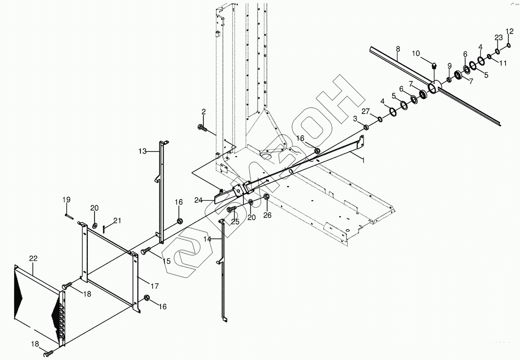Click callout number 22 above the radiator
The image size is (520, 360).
[x=33, y=258]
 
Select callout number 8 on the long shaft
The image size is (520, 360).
[x=398, y=49]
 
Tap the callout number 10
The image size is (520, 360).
[x=416, y=54]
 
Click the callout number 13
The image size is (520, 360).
[x=143, y=151]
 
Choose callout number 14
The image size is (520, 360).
[x=207, y=239]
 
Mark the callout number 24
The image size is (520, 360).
[x=199, y=200]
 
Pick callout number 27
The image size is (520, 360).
[x=366, y=111]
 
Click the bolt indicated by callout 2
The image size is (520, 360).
[x=203, y=128]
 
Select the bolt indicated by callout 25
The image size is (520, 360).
[x=231, y=210]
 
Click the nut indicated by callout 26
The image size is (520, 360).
[x=266, y=196]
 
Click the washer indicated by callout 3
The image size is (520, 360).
[x=366, y=127]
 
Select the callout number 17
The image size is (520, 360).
[x=154, y=286]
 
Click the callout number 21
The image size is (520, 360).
[x=117, y=221]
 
